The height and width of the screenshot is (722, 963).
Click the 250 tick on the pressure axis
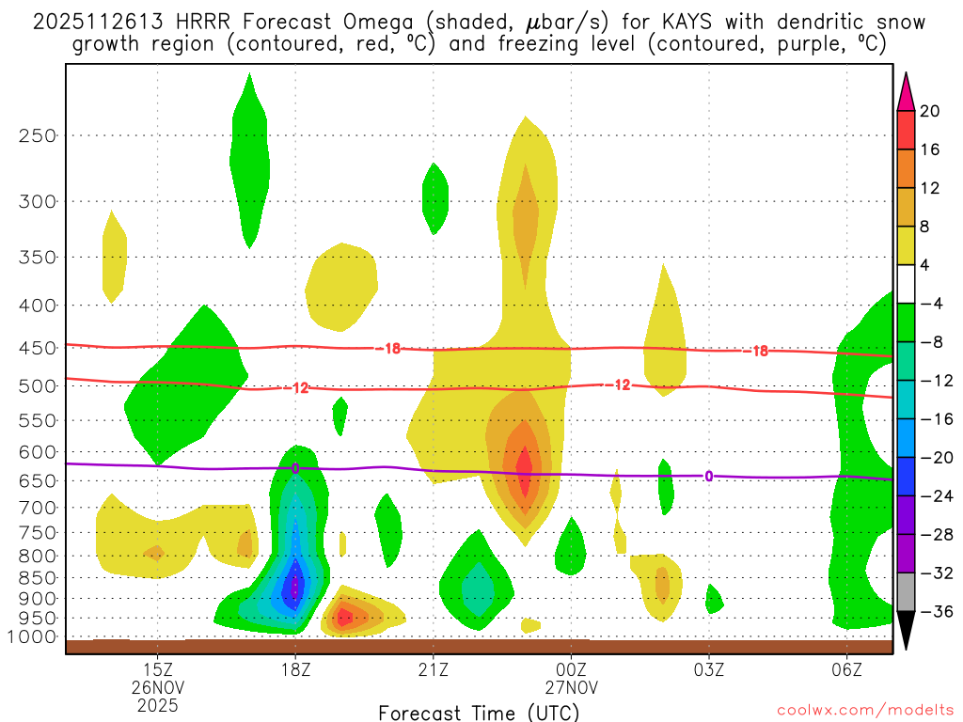coord(37,135)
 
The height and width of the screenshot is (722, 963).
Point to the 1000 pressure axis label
coord(33,637)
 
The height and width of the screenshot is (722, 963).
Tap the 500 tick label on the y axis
coord(37,385)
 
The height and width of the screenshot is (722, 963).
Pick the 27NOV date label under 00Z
coord(571,687)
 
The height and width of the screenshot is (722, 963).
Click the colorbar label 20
coord(929,111)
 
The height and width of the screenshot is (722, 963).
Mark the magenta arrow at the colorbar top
coord(905,90)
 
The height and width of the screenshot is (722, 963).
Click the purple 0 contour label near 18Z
coord(295,468)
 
